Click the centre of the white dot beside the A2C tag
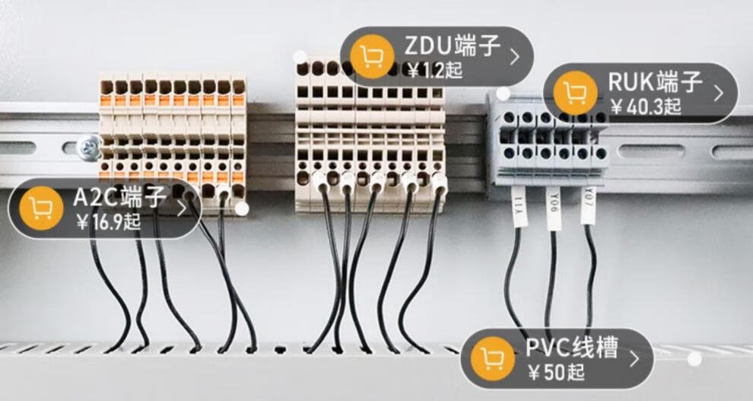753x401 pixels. (x=242, y=208)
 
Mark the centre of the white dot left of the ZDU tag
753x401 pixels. (x=300, y=57)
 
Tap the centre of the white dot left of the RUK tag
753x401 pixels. (x=503, y=94)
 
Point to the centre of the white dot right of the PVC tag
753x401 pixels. (x=694, y=358)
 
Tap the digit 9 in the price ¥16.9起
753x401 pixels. (x=118, y=222)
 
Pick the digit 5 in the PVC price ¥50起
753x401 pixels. (x=548, y=372)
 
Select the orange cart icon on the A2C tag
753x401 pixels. (x=41, y=208)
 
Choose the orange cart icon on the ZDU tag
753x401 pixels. (x=372, y=56)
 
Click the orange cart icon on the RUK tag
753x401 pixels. (x=575, y=93)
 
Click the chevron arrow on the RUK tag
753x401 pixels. (x=719, y=93)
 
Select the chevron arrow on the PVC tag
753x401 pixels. (x=634, y=358)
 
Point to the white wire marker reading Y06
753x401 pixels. (x=554, y=208)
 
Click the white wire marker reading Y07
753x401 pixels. (x=589, y=204)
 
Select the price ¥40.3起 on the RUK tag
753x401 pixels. (x=646, y=107)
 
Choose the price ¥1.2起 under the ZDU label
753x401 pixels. (x=434, y=71)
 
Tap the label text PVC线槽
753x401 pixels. (x=571, y=348)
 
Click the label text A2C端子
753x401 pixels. (x=120, y=197)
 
